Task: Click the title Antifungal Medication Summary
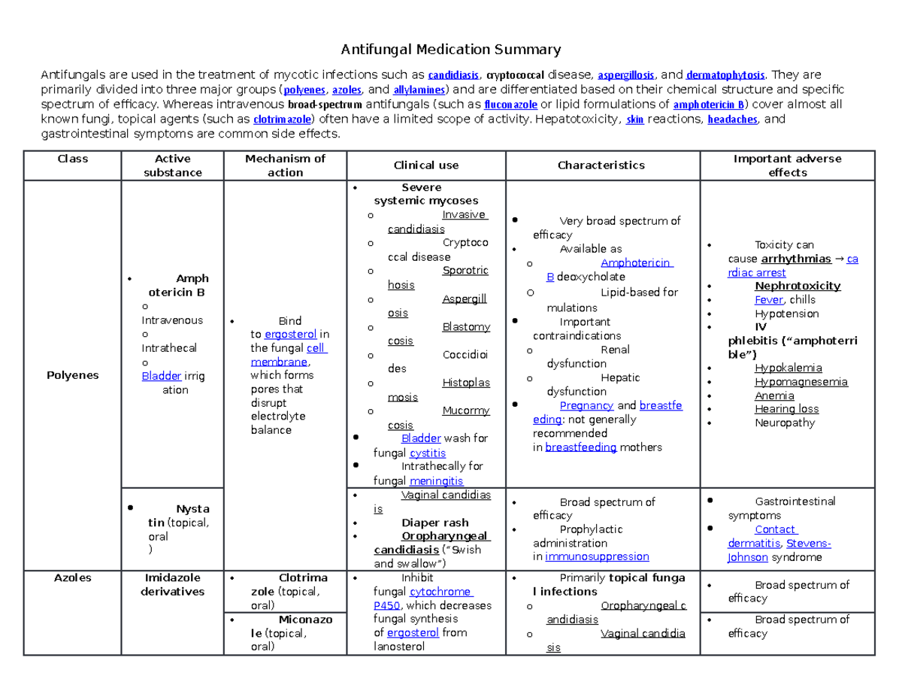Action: (451, 50)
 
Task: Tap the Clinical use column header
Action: (426, 165)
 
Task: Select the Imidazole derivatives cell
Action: (172, 585)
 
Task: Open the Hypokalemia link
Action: (788, 368)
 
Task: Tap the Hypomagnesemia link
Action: (801, 382)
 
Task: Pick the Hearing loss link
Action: (786, 409)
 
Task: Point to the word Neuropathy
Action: (785, 423)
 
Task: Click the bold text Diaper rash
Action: (434, 523)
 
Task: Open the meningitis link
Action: (436, 481)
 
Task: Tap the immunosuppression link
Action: (597, 557)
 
